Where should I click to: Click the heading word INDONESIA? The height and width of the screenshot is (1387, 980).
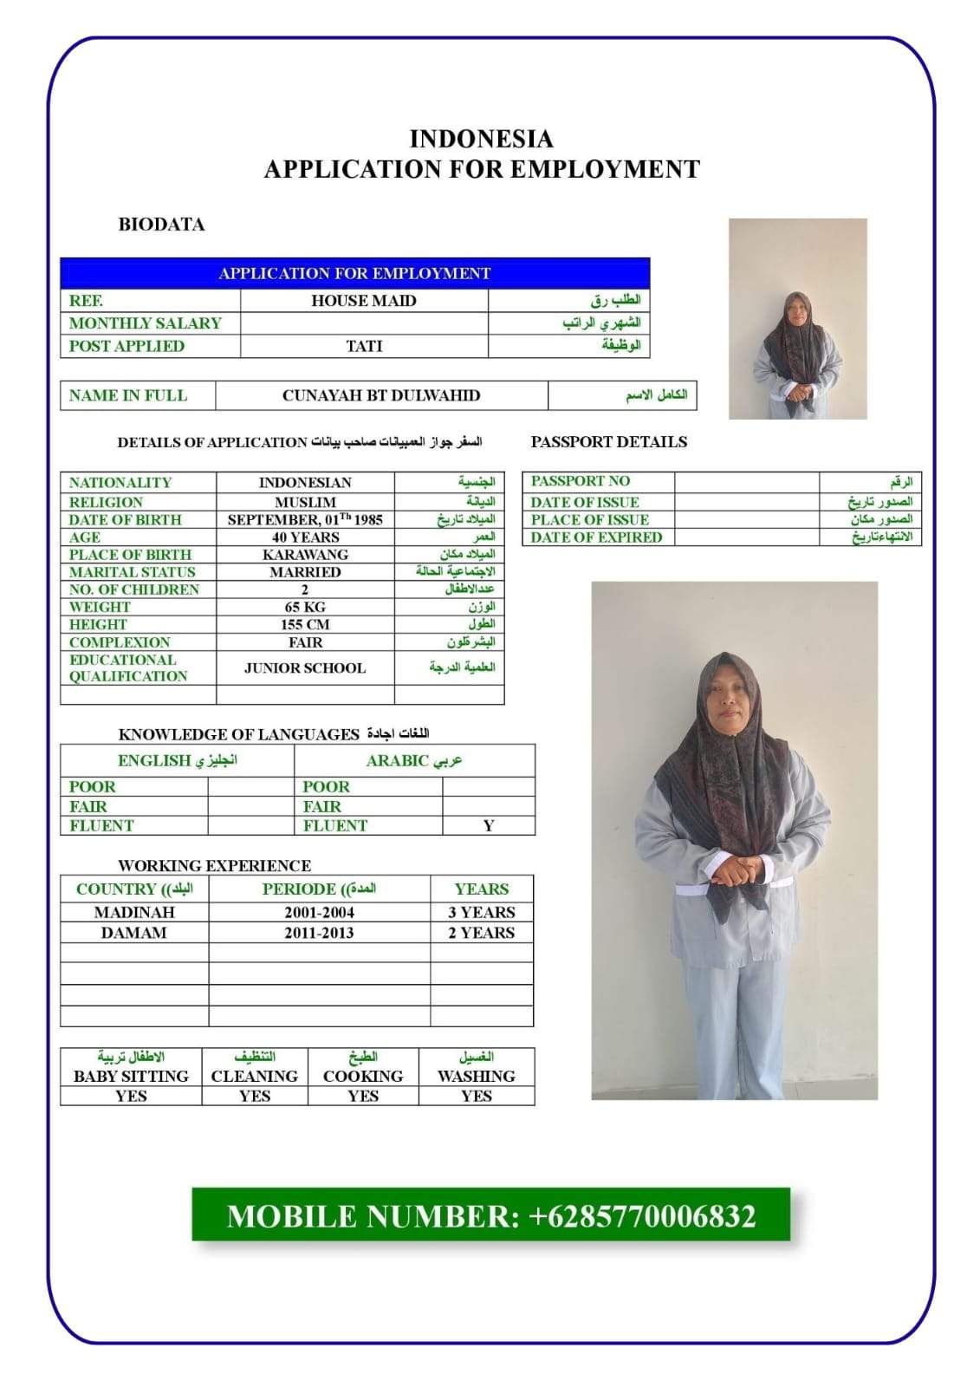coord(481,139)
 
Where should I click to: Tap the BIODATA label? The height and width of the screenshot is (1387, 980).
coord(161,225)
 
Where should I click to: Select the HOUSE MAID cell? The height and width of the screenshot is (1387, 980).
coord(364,301)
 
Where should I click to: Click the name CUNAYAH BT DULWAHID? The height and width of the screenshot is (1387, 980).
coord(381,395)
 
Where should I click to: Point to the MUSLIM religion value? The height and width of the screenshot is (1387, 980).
coord(305,502)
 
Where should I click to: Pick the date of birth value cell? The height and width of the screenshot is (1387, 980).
coord(305,519)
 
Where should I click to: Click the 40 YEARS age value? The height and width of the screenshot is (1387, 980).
coord(305,537)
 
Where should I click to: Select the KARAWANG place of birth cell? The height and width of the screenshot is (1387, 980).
coord(305,555)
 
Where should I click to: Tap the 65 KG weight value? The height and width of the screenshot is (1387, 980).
coord(305,607)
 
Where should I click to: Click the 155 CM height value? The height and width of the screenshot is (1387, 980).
coord(305,624)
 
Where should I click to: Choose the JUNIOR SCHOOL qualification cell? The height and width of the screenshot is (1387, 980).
coord(305,667)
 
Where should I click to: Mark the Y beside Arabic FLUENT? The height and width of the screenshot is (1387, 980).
coord(489,825)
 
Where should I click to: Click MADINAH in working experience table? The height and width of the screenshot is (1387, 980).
coord(134,912)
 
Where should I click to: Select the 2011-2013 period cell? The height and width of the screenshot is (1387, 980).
coord(319,933)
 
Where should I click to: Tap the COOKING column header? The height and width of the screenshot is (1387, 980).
coord(363,1076)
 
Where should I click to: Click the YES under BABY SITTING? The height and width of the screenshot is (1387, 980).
coord(131,1096)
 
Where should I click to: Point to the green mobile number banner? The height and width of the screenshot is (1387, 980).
coord(490,1215)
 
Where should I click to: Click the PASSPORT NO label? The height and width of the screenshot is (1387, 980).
coord(580,481)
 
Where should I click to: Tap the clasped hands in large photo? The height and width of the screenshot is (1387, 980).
coord(737,869)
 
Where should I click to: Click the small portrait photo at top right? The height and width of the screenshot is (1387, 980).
coord(797,319)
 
